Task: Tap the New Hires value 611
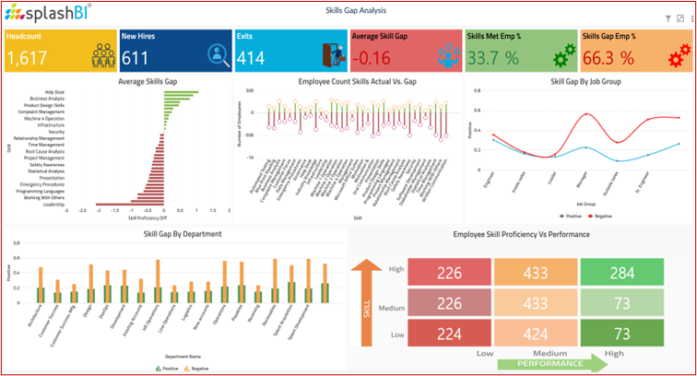pyautogui.click(x=136, y=58)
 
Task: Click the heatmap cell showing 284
pyautogui.click(x=621, y=273)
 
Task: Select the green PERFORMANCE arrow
pyautogui.click(x=553, y=363)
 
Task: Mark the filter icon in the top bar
pyautogui.click(x=667, y=18)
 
